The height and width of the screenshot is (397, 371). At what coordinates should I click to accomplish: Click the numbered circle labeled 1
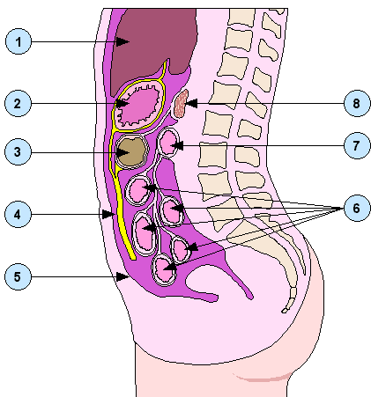click(x=19, y=41)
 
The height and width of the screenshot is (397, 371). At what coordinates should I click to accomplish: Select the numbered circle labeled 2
click(x=18, y=103)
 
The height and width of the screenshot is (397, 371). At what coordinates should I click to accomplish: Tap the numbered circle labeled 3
click(x=18, y=152)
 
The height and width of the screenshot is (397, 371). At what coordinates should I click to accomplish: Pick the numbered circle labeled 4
click(x=18, y=214)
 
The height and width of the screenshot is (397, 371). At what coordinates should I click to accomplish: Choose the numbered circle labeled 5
click(x=18, y=276)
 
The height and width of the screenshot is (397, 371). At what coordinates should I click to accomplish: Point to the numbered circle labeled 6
click(x=357, y=208)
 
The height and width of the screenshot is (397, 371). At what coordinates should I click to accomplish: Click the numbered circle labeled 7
click(x=357, y=145)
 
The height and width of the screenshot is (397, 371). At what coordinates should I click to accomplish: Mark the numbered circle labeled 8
click(x=357, y=103)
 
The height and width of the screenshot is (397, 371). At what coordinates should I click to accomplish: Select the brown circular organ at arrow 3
click(x=132, y=152)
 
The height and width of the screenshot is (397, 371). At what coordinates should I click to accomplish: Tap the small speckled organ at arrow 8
click(x=181, y=104)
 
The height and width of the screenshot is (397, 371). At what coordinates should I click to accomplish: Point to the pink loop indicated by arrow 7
click(x=168, y=143)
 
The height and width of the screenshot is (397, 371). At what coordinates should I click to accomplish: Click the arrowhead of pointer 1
click(x=122, y=41)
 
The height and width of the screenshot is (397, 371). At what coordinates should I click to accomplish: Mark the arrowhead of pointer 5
click(x=122, y=276)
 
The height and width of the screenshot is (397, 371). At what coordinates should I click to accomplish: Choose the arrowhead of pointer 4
click(x=108, y=214)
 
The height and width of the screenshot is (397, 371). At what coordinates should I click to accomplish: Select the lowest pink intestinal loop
click(x=165, y=270)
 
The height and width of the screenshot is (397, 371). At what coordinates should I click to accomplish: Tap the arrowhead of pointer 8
click(x=191, y=103)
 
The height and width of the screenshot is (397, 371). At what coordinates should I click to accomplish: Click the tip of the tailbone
click(x=285, y=311)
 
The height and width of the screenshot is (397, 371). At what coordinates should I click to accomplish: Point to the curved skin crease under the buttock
click(x=262, y=378)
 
